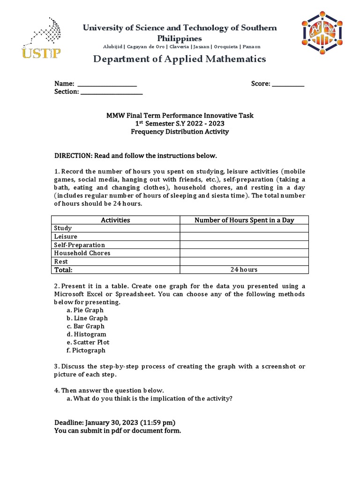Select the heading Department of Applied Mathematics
[x=180, y=59]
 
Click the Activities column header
[x=115, y=220]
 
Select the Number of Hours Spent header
[x=244, y=220]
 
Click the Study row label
[x=63, y=228]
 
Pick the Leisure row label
[x=66, y=237]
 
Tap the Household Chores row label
[x=82, y=253]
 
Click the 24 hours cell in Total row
[x=244, y=270]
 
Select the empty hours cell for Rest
[x=244, y=262]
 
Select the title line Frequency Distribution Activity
[x=180, y=132]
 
